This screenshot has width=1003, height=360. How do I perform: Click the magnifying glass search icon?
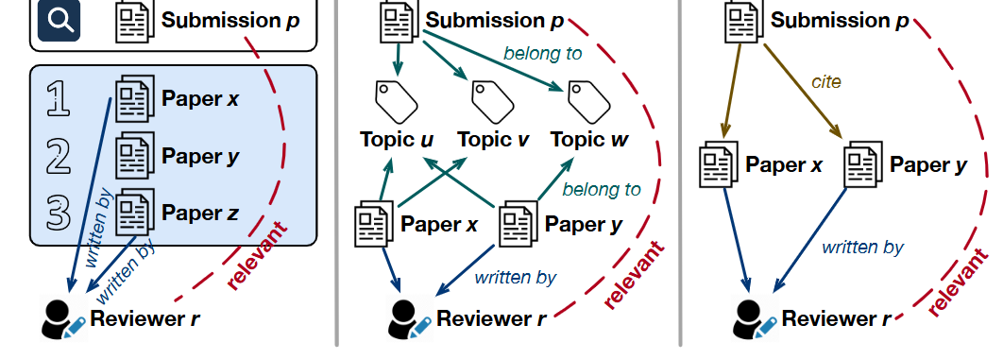click(x=59, y=21)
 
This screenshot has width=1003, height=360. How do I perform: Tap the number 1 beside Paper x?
click(x=59, y=100)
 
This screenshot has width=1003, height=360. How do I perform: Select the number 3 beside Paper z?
click(x=59, y=213)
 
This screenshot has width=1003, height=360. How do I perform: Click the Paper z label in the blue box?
click(x=199, y=213)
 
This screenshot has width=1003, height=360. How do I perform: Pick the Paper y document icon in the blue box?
click(x=134, y=156)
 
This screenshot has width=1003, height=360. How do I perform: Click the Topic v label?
click(x=493, y=139)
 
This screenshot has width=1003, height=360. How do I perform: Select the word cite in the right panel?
click(x=825, y=82)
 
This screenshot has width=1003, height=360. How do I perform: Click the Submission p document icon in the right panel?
click(x=744, y=21)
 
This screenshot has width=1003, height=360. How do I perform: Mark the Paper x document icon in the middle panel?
click(x=374, y=224)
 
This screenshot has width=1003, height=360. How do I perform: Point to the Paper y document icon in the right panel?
click(x=863, y=164)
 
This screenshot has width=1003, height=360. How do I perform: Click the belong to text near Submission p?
click(x=542, y=53)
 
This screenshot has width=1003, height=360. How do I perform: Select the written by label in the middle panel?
click(x=516, y=278)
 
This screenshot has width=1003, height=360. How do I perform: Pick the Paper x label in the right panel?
click(x=784, y=164)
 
